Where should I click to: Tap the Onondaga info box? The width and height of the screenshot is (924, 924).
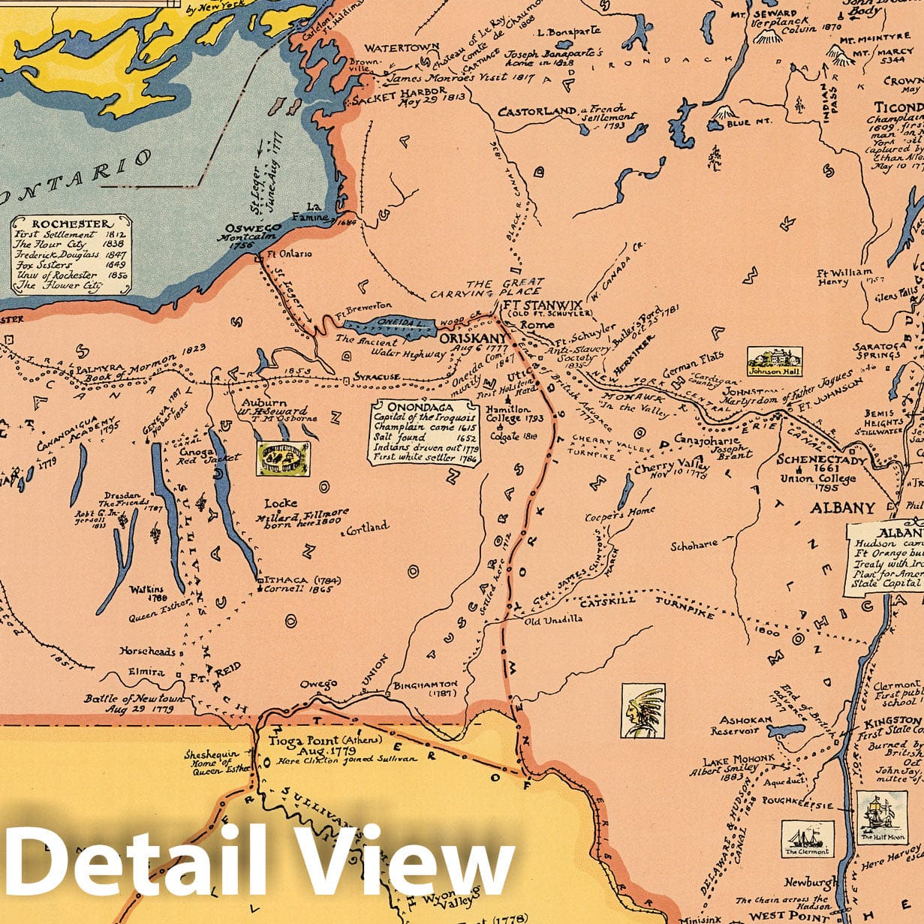pyautogui.click(x=426, y=432)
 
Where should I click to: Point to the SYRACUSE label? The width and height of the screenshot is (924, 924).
pyautogui.click(x=378, y=377)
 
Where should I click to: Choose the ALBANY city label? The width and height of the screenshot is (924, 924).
pyautogui.click(x=842, y=508)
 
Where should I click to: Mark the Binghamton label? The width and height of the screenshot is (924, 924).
pyautogui.click(x=425, y=685)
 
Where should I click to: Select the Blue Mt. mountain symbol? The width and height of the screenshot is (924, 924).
pyautogui.click(x=722, y=113)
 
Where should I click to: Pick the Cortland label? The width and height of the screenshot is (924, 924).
pyautogui.click(x=367, y=527)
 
